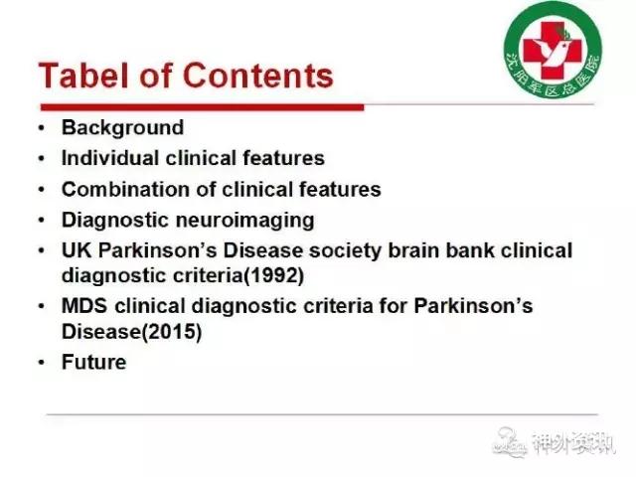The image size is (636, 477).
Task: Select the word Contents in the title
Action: (258, 76)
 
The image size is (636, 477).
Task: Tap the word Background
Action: (122, 128)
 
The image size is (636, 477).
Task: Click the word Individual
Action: (109, 158)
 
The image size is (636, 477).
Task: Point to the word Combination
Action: (125, 189)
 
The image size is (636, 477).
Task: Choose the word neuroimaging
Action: (245, 221)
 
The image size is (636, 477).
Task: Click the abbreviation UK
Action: (78, 250)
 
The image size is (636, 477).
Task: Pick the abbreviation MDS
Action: (84, 306)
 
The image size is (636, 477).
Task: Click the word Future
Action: (93, 362)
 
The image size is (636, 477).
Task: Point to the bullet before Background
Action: (42, 128)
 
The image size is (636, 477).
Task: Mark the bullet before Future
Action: (42, 362)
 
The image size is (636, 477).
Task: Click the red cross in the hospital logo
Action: (553, 51)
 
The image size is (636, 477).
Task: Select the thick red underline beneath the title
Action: (203, 107)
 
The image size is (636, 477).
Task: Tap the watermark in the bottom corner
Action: (554, 442)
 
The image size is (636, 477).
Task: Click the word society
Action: (345, 251)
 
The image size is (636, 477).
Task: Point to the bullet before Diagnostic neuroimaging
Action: (42, 221)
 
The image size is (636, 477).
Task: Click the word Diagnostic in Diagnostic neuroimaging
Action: (115, 221)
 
